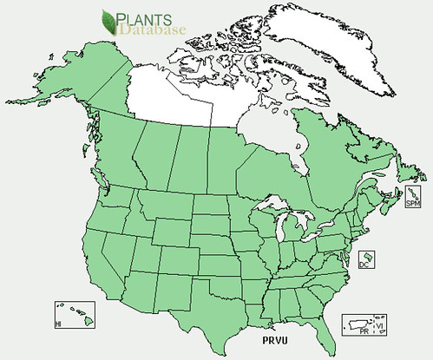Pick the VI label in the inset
377,325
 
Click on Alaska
69,87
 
